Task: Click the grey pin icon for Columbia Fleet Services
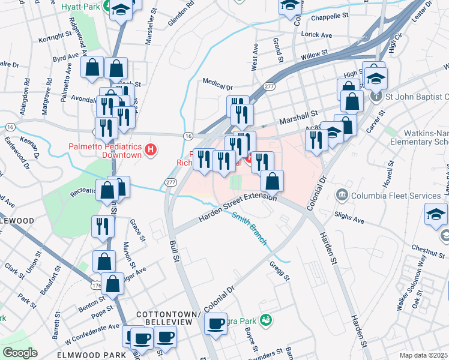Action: click(x=342, y=194)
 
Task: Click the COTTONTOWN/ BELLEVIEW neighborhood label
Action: click(x=164, y=318)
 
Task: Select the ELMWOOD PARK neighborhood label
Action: click(x=91, y=355)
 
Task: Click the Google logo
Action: click(x=20, y=352)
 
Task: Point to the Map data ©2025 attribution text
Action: click(x=423, y=355)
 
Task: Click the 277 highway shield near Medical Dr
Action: click(x=269, y=86)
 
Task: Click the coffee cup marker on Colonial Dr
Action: click(x=215, y=324)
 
